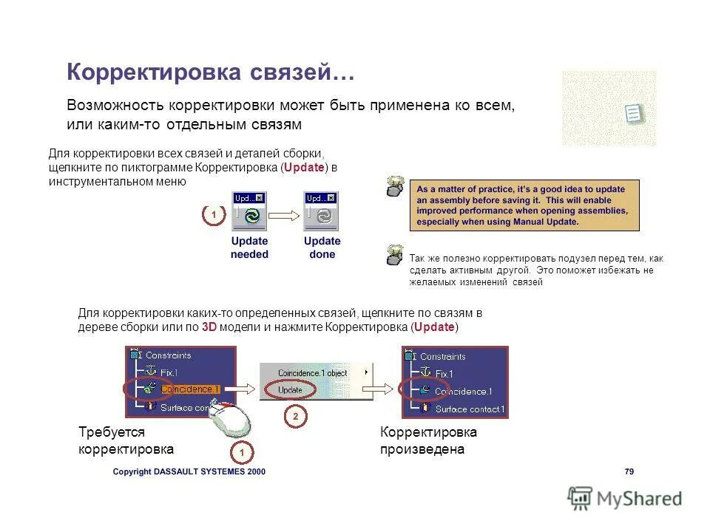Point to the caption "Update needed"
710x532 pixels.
coord(249,248)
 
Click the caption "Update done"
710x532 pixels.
coord(322,248)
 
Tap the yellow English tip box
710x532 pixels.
coord(524,205)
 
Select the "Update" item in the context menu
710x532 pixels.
coord(290,389)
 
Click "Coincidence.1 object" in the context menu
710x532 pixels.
coord(312,373)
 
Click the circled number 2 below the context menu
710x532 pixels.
coord(295,417)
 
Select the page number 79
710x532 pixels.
coord(629,471)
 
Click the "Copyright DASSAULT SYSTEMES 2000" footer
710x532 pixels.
coord(189,471)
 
